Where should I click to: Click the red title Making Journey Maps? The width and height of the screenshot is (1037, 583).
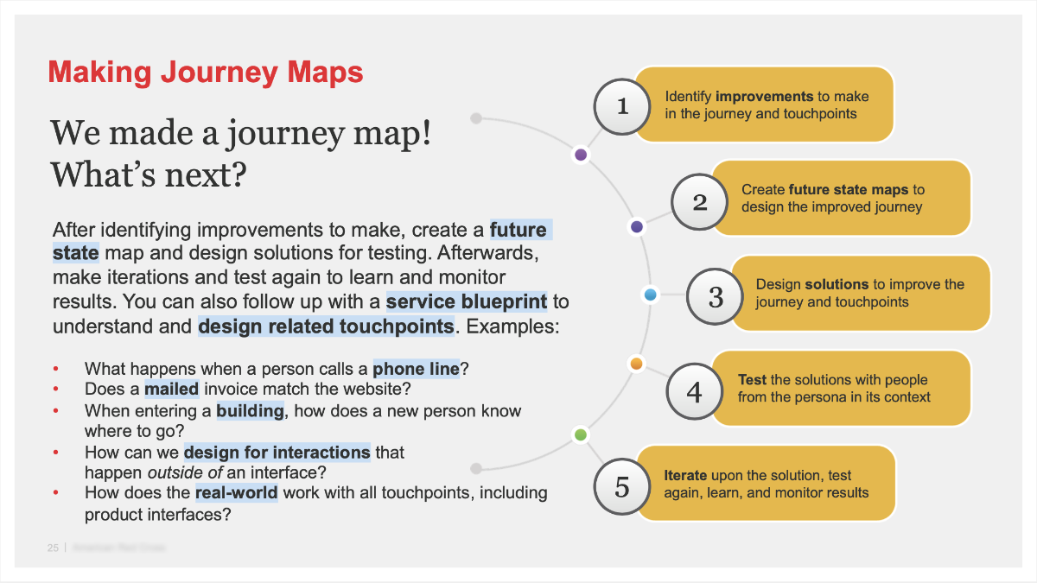[206, 72]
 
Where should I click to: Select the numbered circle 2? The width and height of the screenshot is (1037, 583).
[700, 202]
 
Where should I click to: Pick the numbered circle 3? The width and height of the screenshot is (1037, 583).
[716, 297]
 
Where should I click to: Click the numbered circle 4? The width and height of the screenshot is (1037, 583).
[695, 392]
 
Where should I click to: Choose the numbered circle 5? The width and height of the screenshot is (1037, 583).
[622, 487]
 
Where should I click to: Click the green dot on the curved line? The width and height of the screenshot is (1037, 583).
[581, 434]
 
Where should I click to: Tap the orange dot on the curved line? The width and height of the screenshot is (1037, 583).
[637, 364]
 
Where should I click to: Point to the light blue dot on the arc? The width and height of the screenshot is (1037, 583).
[652, 295]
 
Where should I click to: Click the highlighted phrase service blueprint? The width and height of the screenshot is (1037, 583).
[467, 302]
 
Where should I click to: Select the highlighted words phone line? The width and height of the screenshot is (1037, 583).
[417, 370]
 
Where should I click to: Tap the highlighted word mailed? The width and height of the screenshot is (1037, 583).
[172, 390]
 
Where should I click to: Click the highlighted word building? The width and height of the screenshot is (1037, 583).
[251, 411]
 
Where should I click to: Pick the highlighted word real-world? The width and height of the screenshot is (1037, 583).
[237, 493]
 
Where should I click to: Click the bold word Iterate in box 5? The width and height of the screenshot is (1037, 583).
[685, 475]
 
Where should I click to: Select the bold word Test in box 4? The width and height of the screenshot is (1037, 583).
[752, 380]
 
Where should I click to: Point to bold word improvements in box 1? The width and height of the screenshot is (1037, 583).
[765, 97]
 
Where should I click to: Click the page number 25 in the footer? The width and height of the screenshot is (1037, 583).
[53, 548]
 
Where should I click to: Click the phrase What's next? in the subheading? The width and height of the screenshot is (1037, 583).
[149, 175]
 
